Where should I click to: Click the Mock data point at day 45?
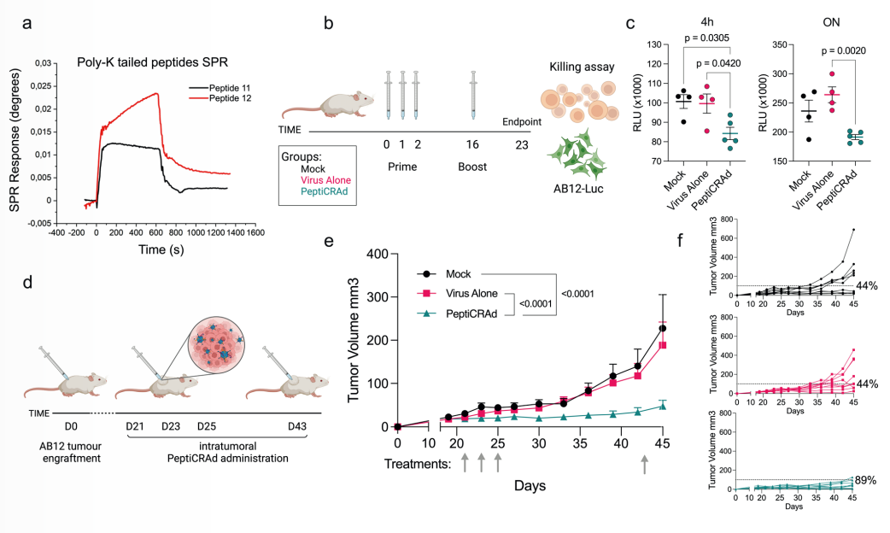(x=662, y=328)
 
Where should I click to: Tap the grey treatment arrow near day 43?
(x=646, y=463)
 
